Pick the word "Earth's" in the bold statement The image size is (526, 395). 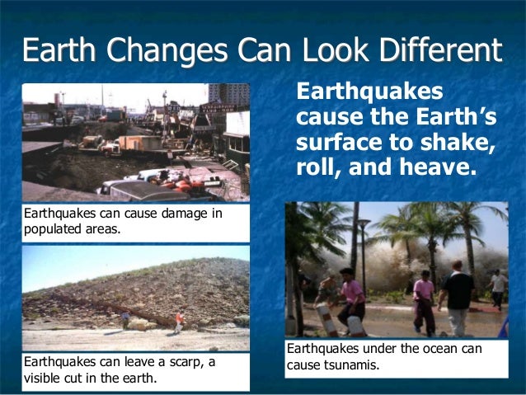click(x=449, y=116)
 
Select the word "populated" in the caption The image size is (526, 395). click(x=54, y=229)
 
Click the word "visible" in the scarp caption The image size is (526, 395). click(x=42, y=379)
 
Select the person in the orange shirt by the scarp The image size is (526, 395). click(x=179, y=321)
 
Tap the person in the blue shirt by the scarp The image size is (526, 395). click(x=125, y=318)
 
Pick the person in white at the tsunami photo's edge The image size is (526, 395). click(x=497, y=289)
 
